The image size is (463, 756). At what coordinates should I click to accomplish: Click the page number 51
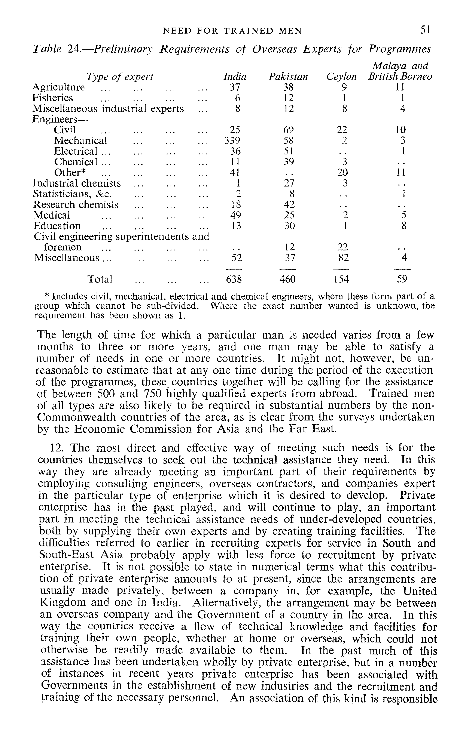tap(426, 30)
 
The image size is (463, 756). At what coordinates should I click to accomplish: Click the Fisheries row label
tap(53, 98)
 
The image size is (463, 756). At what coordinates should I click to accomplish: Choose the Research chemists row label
tap(76, 205)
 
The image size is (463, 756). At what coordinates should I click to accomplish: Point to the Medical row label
tap(52, 215)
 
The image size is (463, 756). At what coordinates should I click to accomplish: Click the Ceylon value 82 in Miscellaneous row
tap(344, 258)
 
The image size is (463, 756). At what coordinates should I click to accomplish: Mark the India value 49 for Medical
tap(235, 215)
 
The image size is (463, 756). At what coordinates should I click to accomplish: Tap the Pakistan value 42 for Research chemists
tap(289, 205)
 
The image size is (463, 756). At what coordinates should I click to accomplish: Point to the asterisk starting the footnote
tap(47, 296)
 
